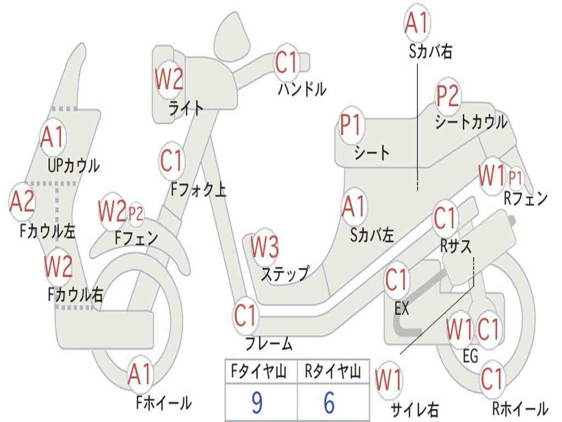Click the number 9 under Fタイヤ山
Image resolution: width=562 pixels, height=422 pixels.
click(x=256, y=403)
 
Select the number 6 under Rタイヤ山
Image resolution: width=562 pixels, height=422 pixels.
click(x=329, y=403)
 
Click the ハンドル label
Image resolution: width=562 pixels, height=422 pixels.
click(x=302, y=88)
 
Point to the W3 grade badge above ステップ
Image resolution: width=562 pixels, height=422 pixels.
click(x=265, y=247)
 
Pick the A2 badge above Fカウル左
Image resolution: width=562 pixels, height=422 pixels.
click(x=23, y=202)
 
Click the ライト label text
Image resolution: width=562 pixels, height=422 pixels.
click(x=186, y=108)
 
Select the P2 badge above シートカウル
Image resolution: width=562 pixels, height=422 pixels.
click(x=448, y=97)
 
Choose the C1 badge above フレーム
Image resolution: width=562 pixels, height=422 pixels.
click(x=246, y=316)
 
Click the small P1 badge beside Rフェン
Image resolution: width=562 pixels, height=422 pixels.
click(x=515, y=177)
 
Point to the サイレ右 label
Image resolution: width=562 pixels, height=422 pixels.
click(x=414, y=409)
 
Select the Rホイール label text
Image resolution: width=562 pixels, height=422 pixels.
click(x=520, y=409)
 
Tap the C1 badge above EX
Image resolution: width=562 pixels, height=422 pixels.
click(x=397, y=281)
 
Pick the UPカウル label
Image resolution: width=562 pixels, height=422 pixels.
click(x=74, y=165)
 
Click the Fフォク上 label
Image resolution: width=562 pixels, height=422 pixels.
click(x=198, y=190)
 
